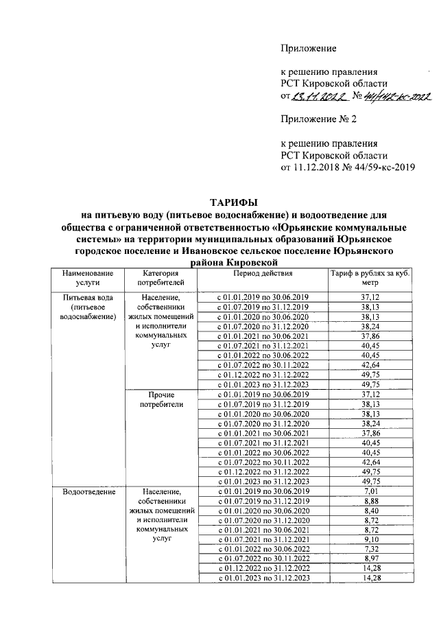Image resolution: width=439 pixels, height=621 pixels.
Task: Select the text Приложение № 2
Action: click(x=320, y=119)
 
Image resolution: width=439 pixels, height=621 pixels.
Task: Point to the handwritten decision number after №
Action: click(x=398, y=97)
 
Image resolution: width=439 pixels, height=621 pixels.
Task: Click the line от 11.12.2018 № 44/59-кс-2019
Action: click(x=348, y=167)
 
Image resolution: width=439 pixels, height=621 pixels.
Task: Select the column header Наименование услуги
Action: click(x=88, y=277)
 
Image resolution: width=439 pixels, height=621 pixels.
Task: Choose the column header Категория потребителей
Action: click(x=161, y=277)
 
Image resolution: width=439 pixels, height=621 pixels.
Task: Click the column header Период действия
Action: click(x=262, y=273)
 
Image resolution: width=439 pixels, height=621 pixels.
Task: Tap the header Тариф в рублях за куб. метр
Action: click(x=370, y=277)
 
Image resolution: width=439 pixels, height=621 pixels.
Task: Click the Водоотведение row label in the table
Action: click(x=88, y=492)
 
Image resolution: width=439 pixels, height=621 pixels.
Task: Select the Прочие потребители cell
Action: click(x=161, y=399)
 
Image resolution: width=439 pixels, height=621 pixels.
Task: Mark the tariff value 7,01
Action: click(x=370, y=491)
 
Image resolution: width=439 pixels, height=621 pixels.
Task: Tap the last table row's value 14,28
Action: click(x=370, y=578)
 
